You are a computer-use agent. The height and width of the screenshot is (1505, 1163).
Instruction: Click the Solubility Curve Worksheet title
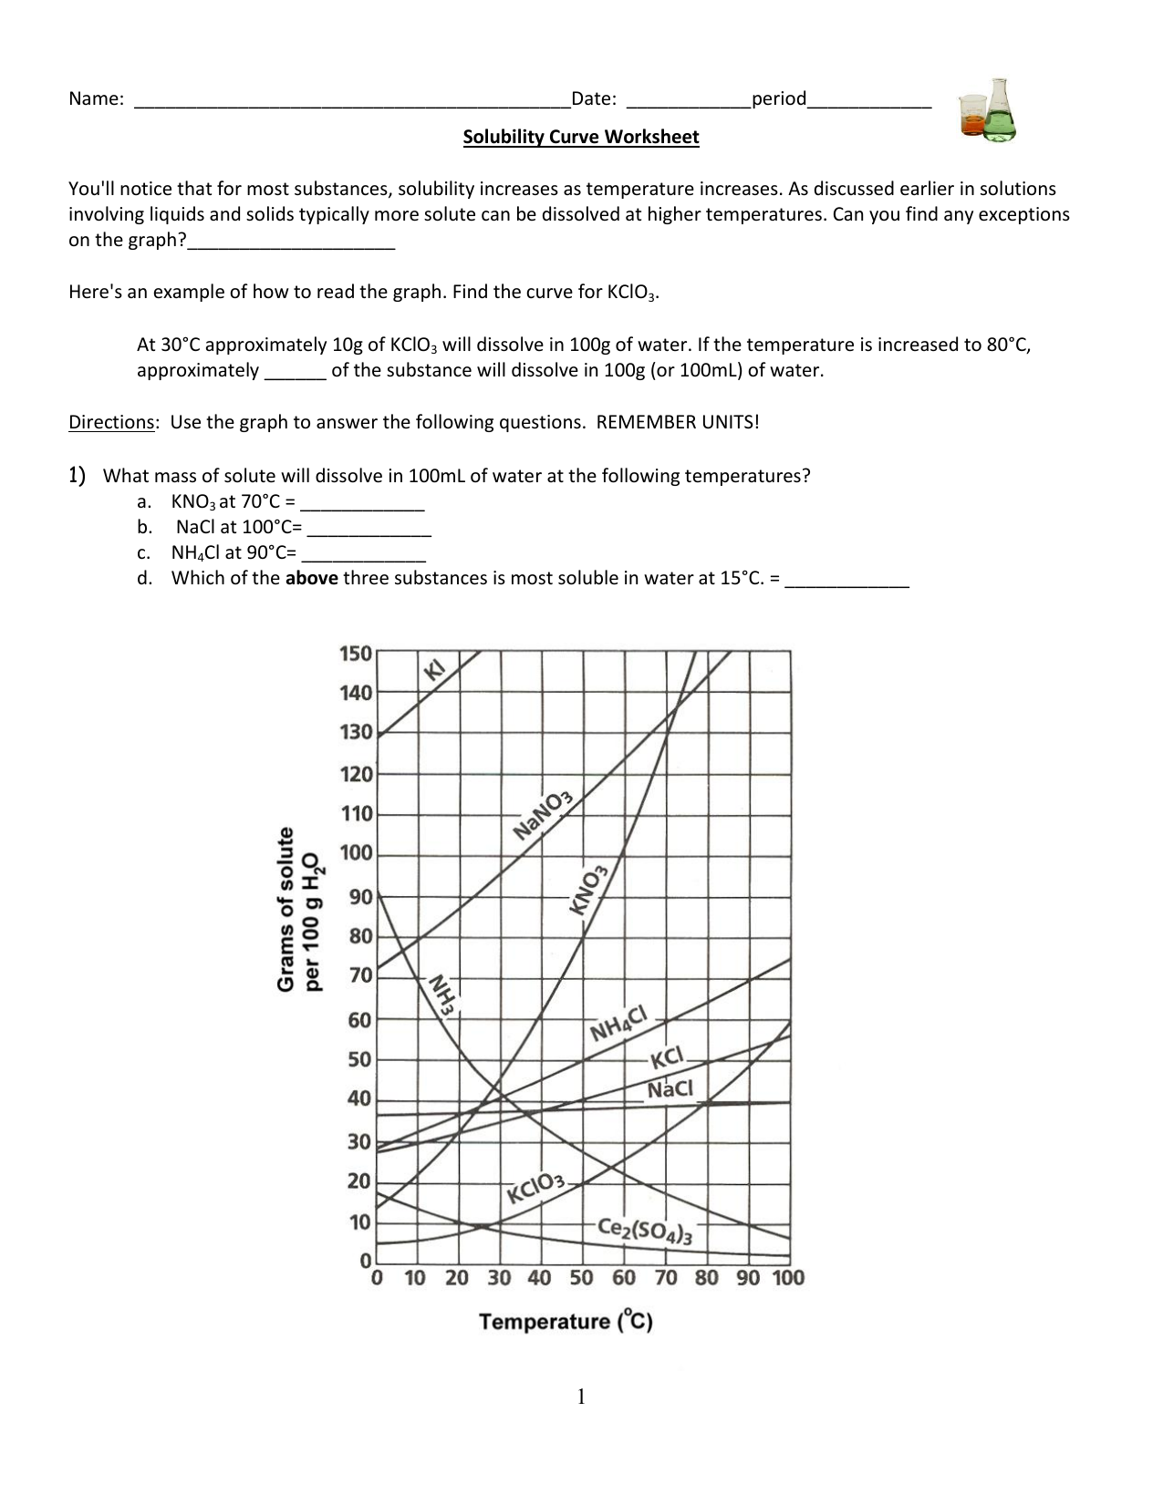point(580,138)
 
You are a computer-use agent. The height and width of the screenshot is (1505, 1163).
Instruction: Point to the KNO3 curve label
point(588,890)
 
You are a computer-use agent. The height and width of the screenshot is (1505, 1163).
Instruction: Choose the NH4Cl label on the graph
point(618,1025)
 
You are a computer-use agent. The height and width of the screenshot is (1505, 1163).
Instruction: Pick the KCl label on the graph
point(667,1057)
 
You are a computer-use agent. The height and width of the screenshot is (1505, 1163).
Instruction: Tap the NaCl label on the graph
point(670,1089)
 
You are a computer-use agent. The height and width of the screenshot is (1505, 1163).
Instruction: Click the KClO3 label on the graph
point(536,1188)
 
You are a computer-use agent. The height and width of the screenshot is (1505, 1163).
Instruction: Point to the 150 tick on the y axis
point(355,654)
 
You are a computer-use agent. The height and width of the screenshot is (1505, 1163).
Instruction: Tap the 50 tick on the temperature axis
point(581,1278)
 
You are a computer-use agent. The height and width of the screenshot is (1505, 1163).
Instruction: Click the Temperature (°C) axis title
point(566,1322)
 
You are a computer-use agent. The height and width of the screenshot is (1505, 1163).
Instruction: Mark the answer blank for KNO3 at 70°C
point(362,502)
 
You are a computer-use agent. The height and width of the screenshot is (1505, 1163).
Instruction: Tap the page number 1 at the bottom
point(580,1397)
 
